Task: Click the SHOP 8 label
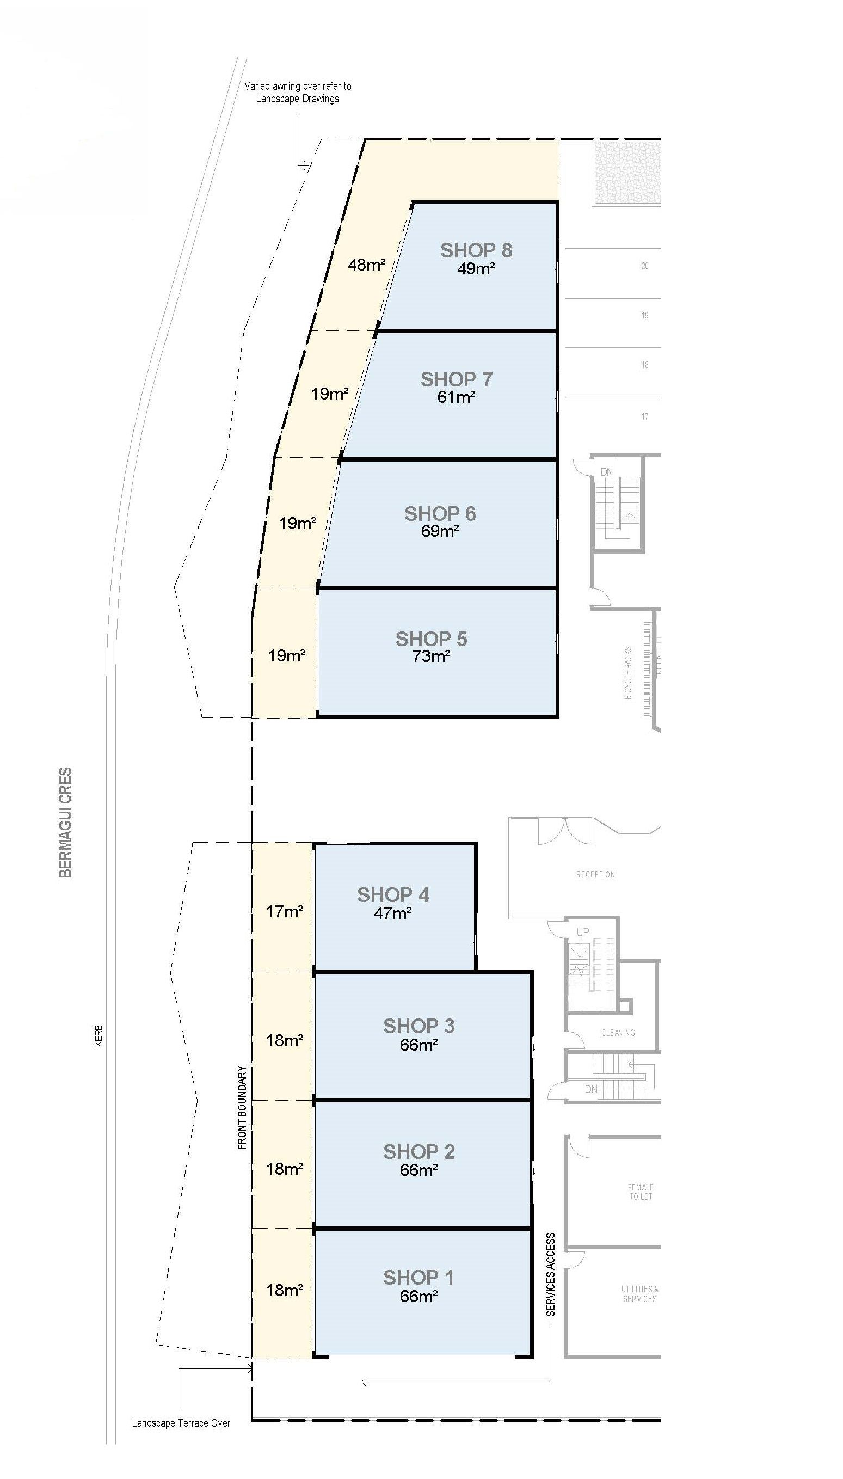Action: tap(476, 250)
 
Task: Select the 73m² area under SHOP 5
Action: tap(432, 656)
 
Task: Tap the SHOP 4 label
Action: tap(393, 895)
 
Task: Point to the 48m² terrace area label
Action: tap(366, 265)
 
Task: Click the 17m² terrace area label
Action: tap(284, 911)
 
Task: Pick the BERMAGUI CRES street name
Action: tap(65, 823)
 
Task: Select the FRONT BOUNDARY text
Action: tap(243, 1107)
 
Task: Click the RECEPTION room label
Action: tap(595, 874)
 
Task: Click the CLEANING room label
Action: tap(618, 1033)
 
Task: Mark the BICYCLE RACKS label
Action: tap(628, 672)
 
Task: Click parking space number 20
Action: tap(644, 266)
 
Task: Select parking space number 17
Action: tap(644, 416)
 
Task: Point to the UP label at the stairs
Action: tap(582, 932)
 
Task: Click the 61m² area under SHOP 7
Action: tap(456, 397)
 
